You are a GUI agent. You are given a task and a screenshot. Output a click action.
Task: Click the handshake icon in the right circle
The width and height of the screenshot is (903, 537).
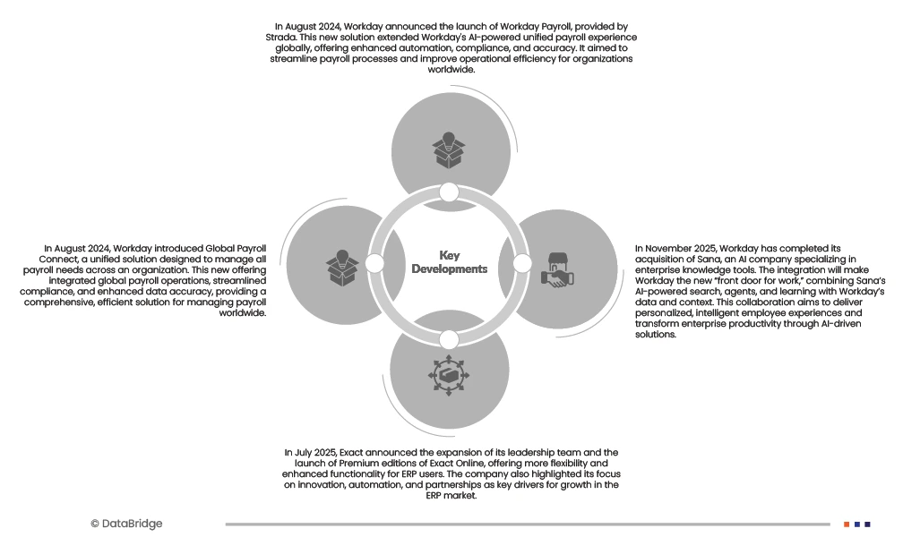tap(557, 269)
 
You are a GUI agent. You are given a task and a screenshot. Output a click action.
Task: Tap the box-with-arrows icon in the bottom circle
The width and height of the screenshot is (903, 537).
tap(450, 377)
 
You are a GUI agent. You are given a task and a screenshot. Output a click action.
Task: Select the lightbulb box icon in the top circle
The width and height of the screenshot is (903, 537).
tap(449, 150)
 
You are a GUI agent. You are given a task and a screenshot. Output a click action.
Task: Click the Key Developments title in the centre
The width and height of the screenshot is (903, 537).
tap(449, 262)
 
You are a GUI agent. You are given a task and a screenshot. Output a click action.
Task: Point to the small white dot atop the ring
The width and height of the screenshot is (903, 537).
tap(450, 192)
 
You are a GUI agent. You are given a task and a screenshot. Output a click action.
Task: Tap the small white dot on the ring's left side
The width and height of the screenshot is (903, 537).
tap(375, 264)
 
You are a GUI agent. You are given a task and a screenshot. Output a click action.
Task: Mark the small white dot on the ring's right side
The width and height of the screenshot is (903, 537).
tap(522, 264)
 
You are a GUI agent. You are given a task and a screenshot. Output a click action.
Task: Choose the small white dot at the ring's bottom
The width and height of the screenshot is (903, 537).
tap(449, 338)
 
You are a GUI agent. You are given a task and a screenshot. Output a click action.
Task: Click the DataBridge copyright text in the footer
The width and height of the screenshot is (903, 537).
tap(126, 524)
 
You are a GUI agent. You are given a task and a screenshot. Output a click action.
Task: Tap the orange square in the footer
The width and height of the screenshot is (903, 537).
tap(847, 524)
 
